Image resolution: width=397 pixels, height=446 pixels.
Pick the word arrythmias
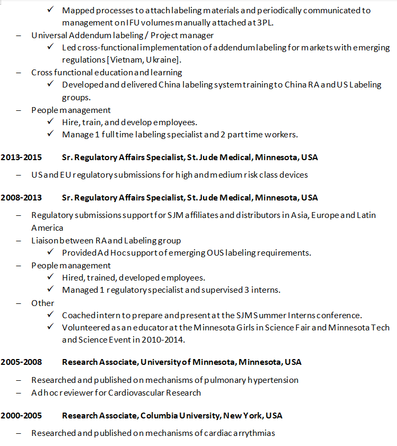click(x=253, y=433)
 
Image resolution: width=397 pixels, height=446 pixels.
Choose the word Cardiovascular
click(x=138, y=393)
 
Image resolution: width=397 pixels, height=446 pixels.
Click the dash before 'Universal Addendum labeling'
click(x=19, y=35)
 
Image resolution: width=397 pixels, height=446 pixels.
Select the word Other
click(x=42, y=303)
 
